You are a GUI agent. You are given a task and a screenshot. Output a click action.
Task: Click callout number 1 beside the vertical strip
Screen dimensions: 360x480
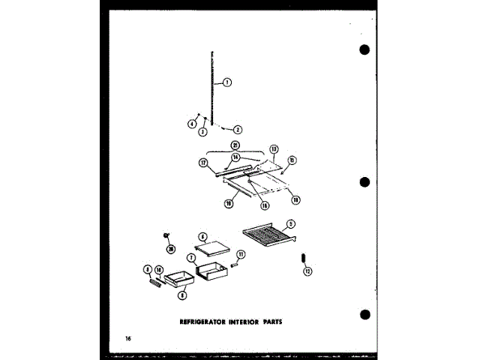click(227, 82)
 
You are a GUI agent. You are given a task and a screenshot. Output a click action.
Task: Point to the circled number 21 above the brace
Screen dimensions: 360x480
click(235, 145)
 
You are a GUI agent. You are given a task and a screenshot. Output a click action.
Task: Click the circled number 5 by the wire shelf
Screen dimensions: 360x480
click(290, 223)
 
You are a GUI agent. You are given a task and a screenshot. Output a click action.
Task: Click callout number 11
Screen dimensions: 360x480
click(241, 256)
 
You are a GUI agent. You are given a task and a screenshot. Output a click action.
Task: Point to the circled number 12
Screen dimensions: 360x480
click(307, 271)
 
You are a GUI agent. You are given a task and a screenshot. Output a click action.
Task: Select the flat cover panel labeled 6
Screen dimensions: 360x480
click(211, 244)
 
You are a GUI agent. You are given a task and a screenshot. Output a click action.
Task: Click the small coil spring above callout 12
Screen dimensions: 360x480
click(303, 258)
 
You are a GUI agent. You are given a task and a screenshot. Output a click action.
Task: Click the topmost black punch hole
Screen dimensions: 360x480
click(365, 50)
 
